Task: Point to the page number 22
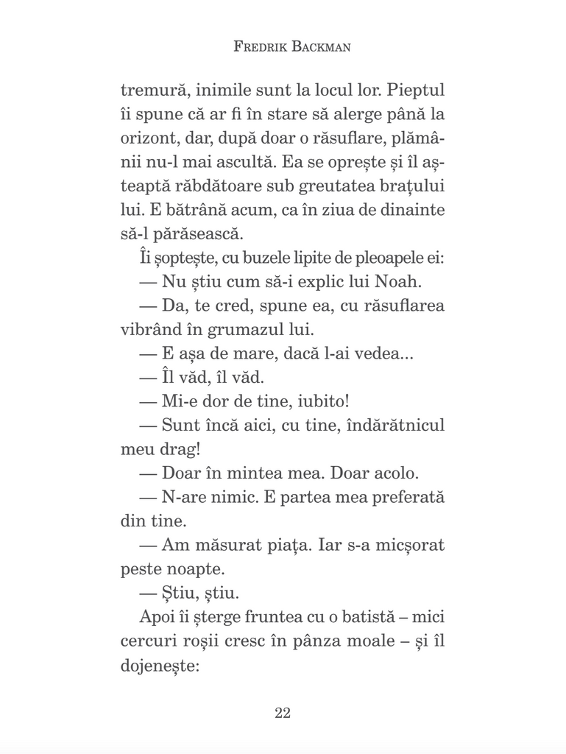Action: pos(283,712)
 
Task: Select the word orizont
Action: pos(149,140)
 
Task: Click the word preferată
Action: pos(406,497)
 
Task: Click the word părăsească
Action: pos(194,234)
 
